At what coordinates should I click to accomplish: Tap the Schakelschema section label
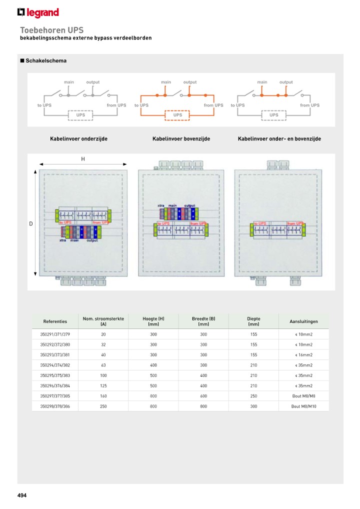pyautogui.click(x=45, y=61)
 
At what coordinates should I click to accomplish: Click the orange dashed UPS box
pyautogui.click(x=177, y=115)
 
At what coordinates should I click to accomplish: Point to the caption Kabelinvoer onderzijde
pyautogui.click(x=78, y=138)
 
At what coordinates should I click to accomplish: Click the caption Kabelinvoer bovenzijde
pyautogui.click(x=181, y=138)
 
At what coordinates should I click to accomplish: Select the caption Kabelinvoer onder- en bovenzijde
pyautogui.click(x=279, y=138)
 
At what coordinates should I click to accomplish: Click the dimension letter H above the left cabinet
pyautogui.click(x=83, y=159)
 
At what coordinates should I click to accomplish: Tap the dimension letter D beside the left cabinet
pyautogui.click(x=30, y=224)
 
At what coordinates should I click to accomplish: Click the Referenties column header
pyautogui.click(x=55, y=321)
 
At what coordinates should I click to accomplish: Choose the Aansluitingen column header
pyautogui.click(x=303, y=321)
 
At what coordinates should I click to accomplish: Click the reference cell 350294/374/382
pyautogui.click(x=55, y=365)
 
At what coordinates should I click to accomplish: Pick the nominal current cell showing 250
pyautogui.click(x=103, y=407)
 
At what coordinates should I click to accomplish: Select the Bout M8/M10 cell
pyautogui.click(x=303, y=407)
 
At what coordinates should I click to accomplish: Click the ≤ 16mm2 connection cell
pyautogui.click(x=303, y=355)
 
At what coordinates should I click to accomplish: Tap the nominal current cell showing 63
pyautogui.click(x=103, y=365)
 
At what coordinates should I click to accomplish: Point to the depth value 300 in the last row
pyautogui.click(x=253, y=407)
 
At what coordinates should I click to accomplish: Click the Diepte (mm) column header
pyautogui.click(x=253, y=321)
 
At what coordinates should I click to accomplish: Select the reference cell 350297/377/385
pyautogui.click(x=55, y=396)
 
